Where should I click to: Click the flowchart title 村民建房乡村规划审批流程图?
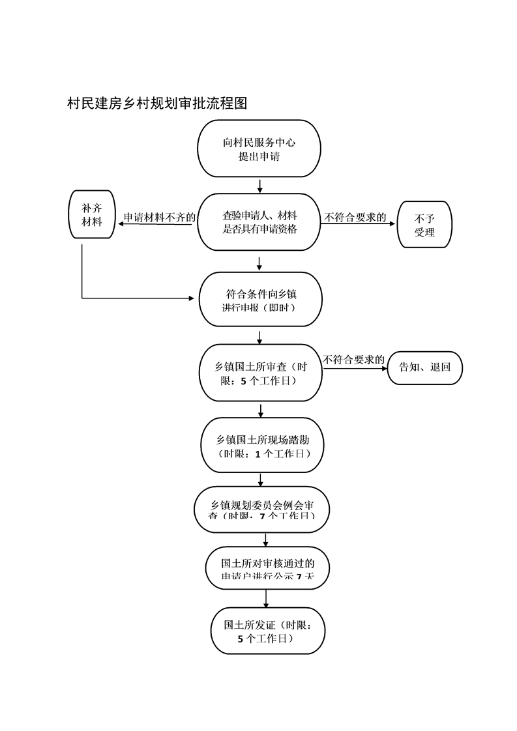pyautogui.click(x=157, y=103)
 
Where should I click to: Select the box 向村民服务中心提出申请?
pyautogui.click(x=259, y=149)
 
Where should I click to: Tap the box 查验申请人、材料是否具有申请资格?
pyautogui.click(x=259, y=222)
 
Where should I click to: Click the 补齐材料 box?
pyautogui.click(x=92, y=214)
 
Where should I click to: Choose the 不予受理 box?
pyautogui.click(x=424, y=225)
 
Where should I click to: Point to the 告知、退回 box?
pyautogui.click(x=424, y=367)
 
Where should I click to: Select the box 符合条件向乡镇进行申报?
pyautogui.click(x=259, y=300)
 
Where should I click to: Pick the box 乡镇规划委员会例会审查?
pyautogui.click(x=263, y=509)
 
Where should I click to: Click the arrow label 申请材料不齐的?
pyautogui.click(x=159, y=217)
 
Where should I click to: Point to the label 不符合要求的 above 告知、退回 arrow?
pyautogui.click(x=353, y=360)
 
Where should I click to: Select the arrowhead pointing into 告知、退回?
pyautogui.click(x=384, y=368)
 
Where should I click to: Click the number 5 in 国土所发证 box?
pyautogui.click(x=241, y=639)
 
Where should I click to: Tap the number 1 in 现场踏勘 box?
pyautogui.click(x=258, y=453)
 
